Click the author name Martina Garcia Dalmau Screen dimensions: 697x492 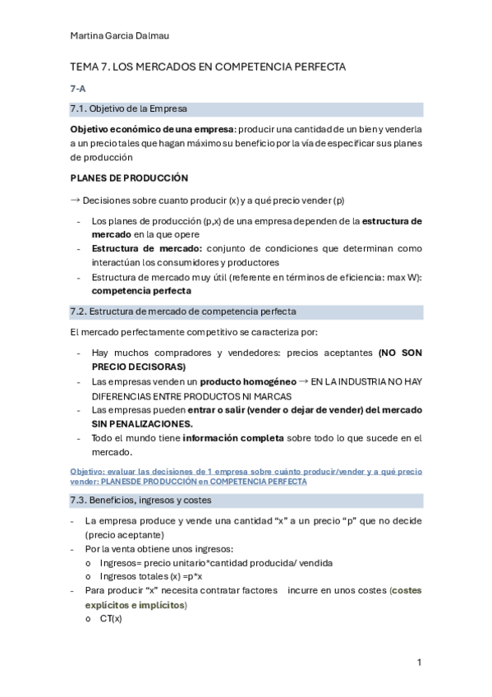pos(121,35)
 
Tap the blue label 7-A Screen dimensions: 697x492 pos(78,88)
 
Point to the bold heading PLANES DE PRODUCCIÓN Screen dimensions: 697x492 pos(129,178)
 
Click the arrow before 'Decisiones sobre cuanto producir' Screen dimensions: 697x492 pos(75,199)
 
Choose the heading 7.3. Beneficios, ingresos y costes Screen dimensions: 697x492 pos(141,500)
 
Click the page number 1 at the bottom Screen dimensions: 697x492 pos(419,662)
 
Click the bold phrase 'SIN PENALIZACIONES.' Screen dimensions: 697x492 pos(142,423)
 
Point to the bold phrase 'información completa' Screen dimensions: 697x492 pos(233,438)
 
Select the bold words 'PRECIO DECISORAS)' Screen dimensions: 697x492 pos(138,367)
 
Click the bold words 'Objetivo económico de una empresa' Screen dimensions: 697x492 pos(152,129)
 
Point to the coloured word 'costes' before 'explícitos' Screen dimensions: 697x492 pos(407,590)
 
